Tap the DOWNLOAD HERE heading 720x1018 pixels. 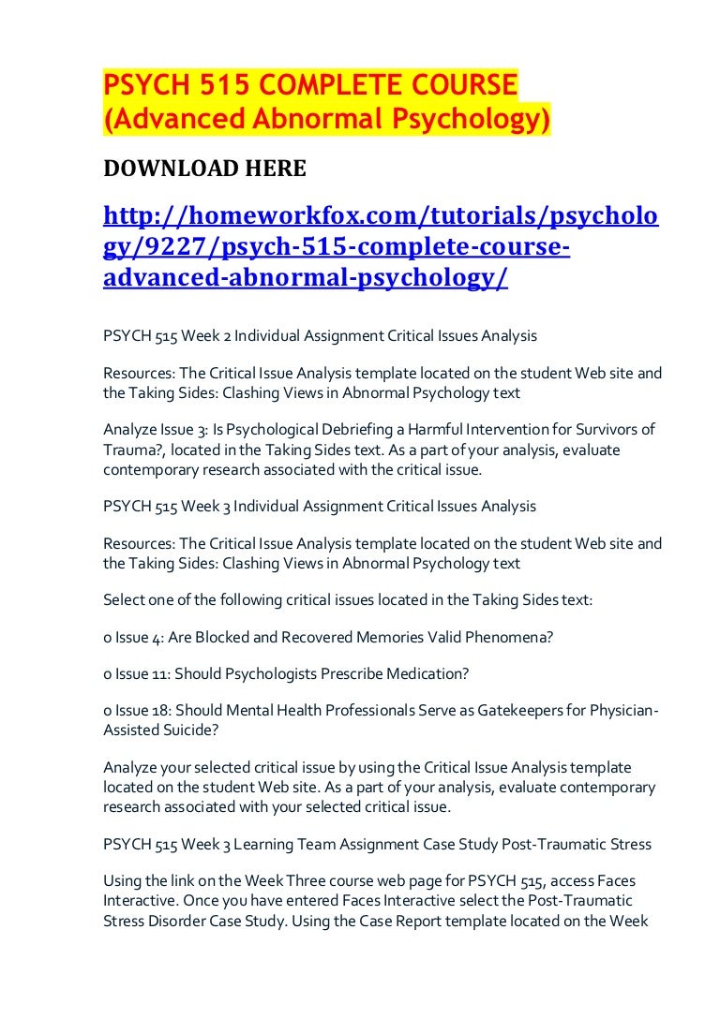204,169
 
